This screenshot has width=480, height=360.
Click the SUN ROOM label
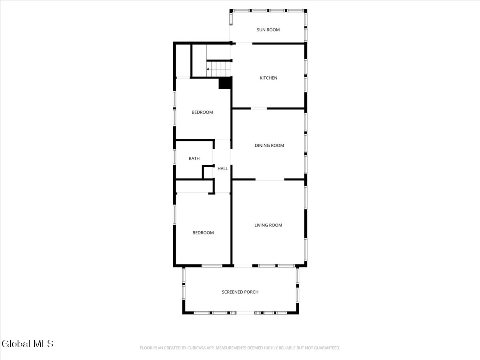coord(268,30)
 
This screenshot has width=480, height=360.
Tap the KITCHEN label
coord(268,78)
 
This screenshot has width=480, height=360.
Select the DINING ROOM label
coord(269,146)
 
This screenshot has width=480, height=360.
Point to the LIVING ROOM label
coord(268,225)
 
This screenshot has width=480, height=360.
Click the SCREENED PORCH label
coord(240,292)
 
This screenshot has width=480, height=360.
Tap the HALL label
coord(223,169)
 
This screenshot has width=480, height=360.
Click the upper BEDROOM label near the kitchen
coord(202,112)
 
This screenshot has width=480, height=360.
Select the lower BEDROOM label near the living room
coord(203,233)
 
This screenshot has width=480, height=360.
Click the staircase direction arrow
coord(208,69)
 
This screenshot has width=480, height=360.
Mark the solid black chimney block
coord(225,82)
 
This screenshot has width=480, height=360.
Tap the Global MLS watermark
coord(27,344)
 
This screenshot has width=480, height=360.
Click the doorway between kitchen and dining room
coord(259,108)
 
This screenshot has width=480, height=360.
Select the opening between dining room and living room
coord(270,180)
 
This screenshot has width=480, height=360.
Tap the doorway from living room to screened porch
coord(243,265)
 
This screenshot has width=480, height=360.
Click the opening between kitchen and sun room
coord(242,43)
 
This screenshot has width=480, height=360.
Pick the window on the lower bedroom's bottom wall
coord(212,265)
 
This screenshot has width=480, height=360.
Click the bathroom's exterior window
coord(174,157)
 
